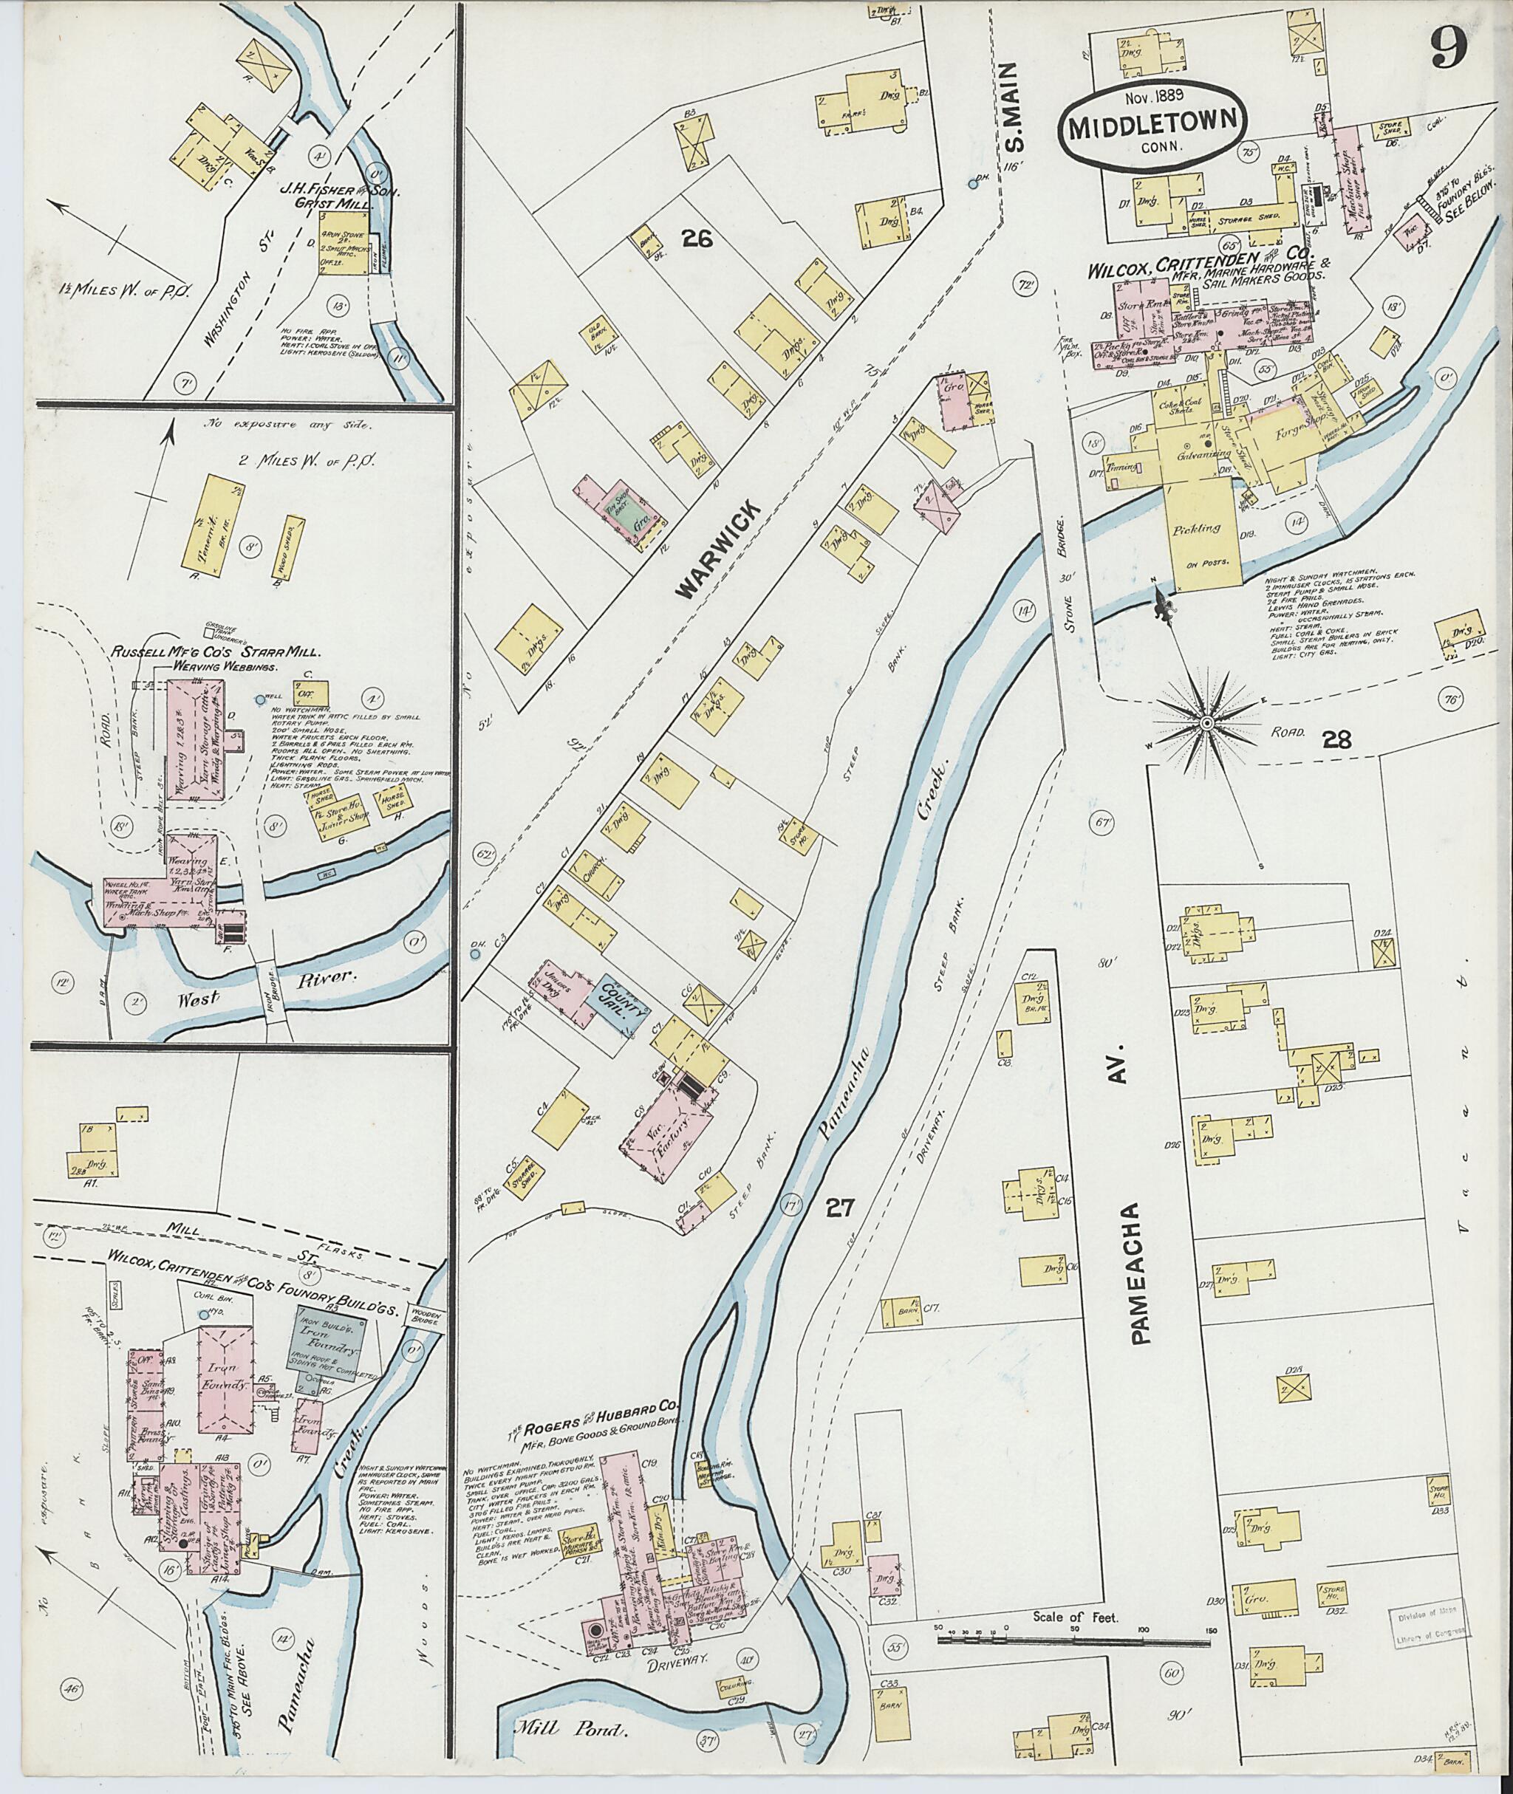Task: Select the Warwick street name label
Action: (x=718, y=550)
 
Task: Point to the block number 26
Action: (x=698, y=241)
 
